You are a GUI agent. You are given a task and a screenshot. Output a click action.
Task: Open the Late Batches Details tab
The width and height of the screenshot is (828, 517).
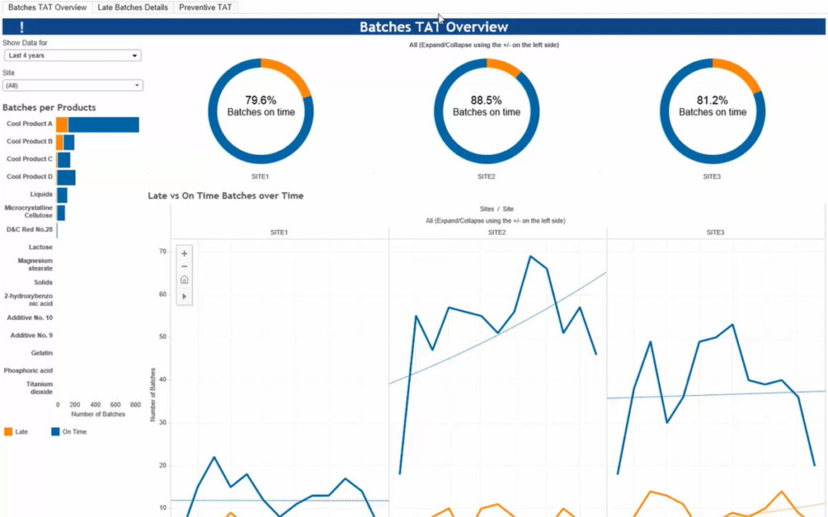pos(133,7)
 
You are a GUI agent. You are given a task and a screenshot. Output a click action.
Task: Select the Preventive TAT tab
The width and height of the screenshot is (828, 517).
pos(205,7)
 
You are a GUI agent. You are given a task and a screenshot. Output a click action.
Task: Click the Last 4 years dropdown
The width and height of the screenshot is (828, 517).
pos(72,56)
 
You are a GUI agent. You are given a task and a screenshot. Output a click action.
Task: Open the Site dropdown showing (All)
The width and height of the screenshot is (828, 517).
pos(72,85)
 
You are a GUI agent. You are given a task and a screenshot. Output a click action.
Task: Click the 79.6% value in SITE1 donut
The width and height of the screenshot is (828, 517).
pos(260,100)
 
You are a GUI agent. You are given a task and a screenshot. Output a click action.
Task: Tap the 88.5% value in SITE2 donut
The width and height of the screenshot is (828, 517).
pos(486,100)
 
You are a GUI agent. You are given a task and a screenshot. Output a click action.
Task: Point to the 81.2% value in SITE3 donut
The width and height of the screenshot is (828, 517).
pos(712,100)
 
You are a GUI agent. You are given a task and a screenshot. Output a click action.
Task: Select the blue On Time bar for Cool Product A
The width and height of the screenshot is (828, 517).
pos(103,124)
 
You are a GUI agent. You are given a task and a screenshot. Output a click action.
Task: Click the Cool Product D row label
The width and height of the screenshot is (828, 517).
pos(29,176)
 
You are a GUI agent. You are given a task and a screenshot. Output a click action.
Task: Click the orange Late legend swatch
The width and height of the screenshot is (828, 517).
pos(8,432)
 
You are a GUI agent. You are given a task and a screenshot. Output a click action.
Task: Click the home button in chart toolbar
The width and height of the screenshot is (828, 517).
pos(184,280)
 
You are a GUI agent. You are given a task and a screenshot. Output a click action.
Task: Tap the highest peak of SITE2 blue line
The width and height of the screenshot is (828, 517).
pos(530,257)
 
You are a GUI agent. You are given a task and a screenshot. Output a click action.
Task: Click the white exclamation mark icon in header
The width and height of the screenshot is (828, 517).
pos(22,27)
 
